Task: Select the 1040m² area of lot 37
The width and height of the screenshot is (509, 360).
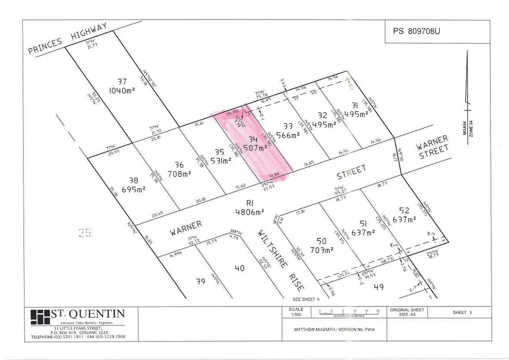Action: coord(122,90)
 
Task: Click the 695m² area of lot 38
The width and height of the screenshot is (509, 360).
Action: coord(134,189)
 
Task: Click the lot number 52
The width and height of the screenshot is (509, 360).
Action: coord(404,210)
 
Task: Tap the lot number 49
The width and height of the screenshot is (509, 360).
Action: coord(379,286)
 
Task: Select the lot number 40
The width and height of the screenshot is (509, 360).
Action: coord(240,268)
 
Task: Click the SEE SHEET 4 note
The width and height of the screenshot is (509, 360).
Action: coord(306,299)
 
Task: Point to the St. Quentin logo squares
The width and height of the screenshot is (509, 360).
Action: coord(40,317)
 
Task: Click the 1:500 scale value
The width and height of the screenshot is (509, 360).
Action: coord(296,315)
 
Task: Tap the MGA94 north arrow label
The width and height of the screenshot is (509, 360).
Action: coord(464,128)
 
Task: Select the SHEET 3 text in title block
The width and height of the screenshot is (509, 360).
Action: coord(462,313)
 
